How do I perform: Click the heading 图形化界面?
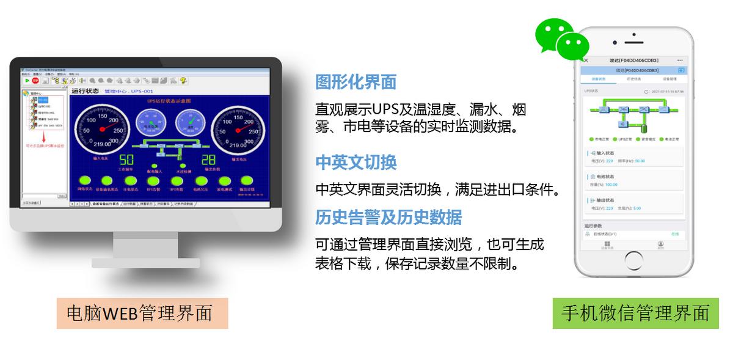coord(356,82)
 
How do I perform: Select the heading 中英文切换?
coord(356,162)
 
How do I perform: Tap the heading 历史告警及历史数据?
coord(388,217)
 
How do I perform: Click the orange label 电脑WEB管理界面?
coord(142,313)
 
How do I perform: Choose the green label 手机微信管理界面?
coord(635,313)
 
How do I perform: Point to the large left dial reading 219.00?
coord(101,130)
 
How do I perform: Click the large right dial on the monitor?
coord(238,130)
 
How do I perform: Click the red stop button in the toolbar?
coord(35,80)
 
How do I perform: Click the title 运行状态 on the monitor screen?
coord(86,91)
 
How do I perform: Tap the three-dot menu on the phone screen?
coord(680,61)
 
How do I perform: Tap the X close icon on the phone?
coord(586,61)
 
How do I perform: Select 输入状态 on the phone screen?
coord(604,153)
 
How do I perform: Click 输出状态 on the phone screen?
coord(604,200)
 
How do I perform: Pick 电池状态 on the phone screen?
coord(604,177)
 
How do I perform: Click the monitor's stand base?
coord(146,263)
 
